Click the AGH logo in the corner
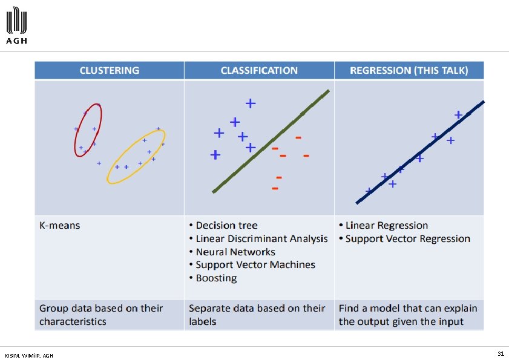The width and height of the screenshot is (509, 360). click(x=17, y=26)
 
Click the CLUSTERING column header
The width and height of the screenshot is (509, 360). click(x=109, y=70)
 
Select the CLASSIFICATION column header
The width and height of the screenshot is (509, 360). click(x=259, y=70)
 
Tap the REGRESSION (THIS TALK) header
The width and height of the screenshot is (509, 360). click(x=409, y=70)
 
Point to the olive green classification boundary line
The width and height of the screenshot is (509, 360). click(x=271, y=142)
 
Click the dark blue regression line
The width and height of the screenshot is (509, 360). click(x=420, y=152)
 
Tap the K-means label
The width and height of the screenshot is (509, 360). click(x=59, y=226)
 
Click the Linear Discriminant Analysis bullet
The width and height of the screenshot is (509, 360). click(x=261, y=239)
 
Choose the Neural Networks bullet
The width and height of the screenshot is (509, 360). click(x=235, y=252)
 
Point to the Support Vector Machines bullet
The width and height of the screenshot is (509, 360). click(x=255, y=265)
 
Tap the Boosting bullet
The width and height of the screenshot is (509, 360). click(x=216, y=278)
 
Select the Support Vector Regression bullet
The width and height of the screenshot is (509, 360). click(x=407, y=239)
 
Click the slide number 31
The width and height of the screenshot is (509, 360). click(x=501, y=353)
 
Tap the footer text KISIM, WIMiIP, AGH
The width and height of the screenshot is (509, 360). click(x=28, y=355)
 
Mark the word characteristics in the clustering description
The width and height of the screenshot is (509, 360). click(x=73, y=322)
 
